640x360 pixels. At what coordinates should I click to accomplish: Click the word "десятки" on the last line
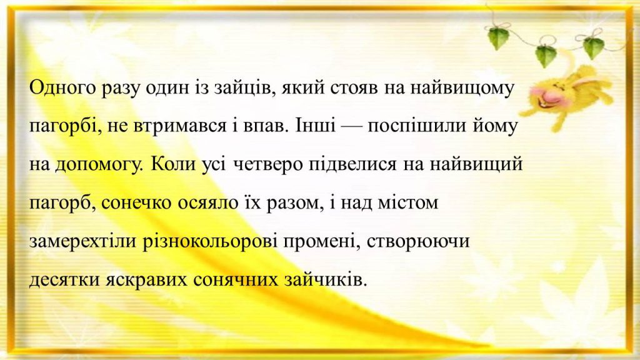[61, 279]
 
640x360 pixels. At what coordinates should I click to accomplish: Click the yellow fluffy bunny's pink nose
[539, 99]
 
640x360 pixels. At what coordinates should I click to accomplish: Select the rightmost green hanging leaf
[593, 47]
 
